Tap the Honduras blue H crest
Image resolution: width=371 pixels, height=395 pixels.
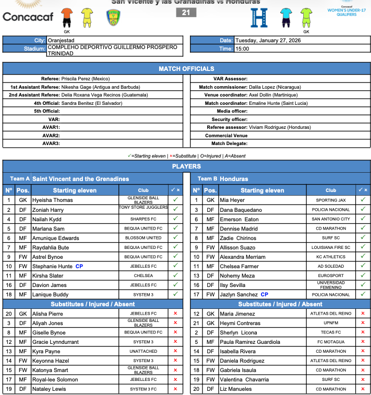[x=259, y=17]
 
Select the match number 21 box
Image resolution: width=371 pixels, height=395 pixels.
[x=186, y=13]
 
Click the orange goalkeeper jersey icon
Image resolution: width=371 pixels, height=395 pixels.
[x=67, y=17]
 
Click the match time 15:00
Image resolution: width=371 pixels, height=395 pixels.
[x=242, y=49]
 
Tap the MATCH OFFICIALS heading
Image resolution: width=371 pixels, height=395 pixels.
[x=186, y=69]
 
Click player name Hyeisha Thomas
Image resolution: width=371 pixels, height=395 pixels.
[x=53, y=200]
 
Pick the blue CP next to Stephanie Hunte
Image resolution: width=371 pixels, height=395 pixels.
[x=79, y=266]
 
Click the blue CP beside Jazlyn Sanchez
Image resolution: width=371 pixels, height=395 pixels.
[x=265, y=295]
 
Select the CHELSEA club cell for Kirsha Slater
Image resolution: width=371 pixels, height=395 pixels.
[x=143, y=276]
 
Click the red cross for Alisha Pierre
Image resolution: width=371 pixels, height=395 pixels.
[x=175, y=314]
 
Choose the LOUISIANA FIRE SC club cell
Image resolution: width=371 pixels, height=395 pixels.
[x=331, y=247]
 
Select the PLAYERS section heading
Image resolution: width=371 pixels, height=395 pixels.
[x=186, y=166]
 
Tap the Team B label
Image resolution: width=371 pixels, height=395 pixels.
[x=208, y=178]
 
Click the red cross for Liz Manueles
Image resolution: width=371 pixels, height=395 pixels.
[x=363, y=389]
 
